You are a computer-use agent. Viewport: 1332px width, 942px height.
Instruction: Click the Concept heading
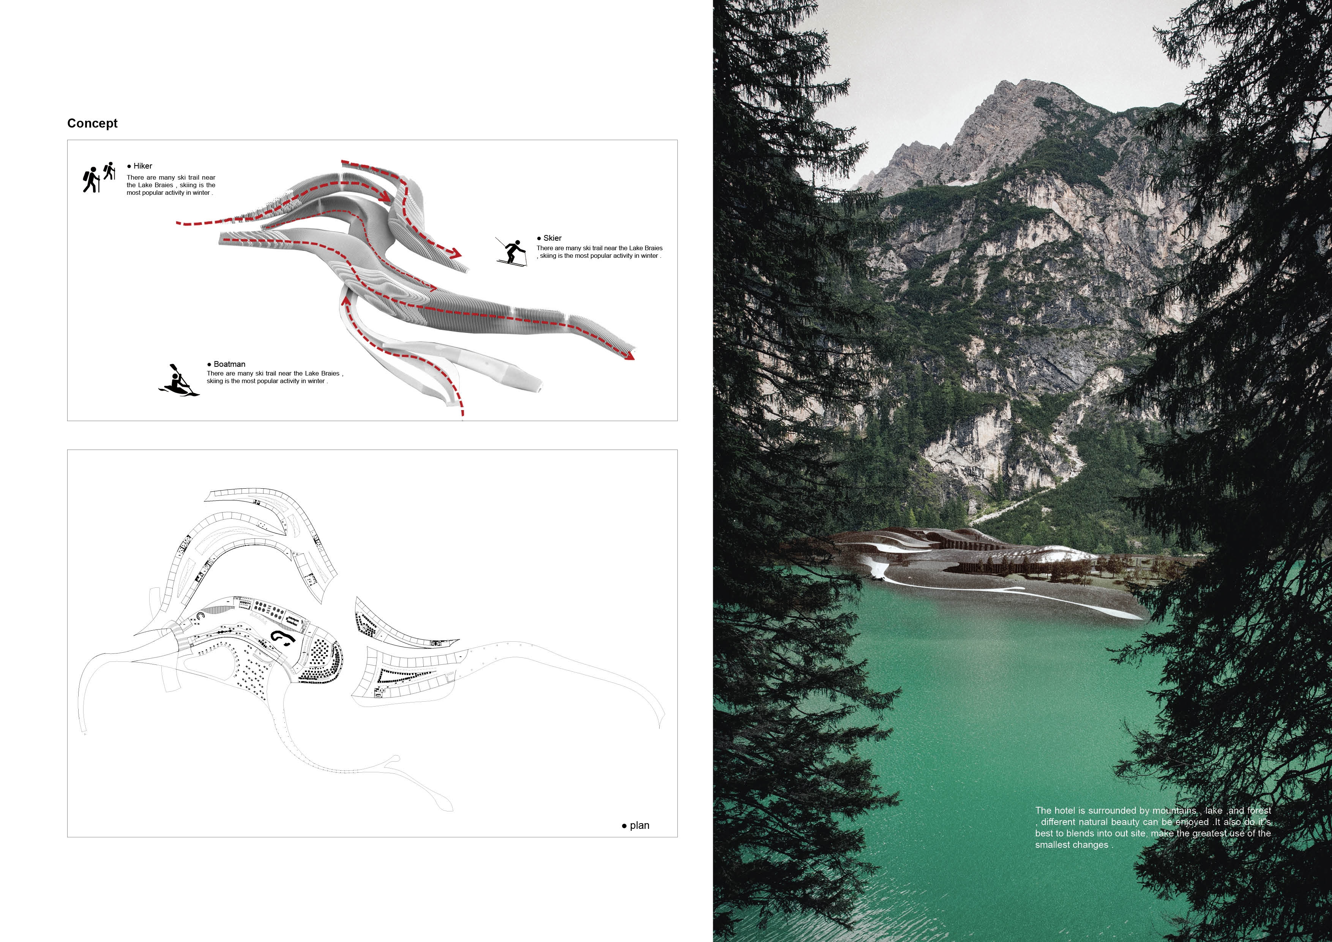coord(92,123)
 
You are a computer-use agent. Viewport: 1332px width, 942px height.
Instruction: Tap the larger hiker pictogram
coord(91,180)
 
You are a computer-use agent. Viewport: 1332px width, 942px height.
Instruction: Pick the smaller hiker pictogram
coord(109,170)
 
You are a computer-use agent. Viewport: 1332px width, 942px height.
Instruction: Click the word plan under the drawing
coord(639,825)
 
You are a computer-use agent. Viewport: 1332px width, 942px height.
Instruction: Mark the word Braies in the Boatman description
coord(330,374)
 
